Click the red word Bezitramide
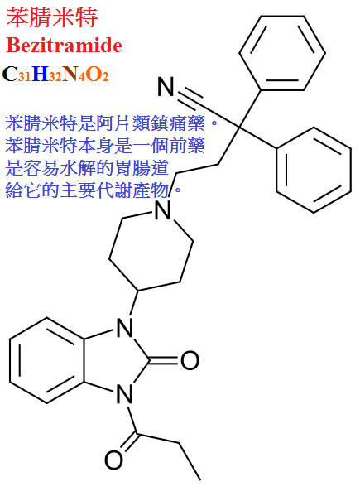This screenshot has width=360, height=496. pos(65,46)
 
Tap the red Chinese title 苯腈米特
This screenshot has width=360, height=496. pos(52,17)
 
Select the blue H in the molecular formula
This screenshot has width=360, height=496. pos(41,74)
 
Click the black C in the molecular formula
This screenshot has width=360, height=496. pos(10,74)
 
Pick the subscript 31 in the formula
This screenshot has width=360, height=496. pos(25,77)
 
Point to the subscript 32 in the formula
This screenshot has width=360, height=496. pos(55,77)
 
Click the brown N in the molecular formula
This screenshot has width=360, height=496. pos(70,74)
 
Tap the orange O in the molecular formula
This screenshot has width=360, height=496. pos(94,74)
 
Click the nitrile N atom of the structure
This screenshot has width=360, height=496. pos(166,86)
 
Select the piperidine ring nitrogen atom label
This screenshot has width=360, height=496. pos(164,210)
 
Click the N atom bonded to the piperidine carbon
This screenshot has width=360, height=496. pos(125,328)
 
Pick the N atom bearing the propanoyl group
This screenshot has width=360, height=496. pos(125,393)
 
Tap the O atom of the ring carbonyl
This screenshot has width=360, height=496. pos(190,360)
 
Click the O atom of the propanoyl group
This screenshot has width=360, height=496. pos(113,460)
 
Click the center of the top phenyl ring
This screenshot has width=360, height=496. pos(282,53)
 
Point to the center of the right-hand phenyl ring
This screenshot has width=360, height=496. pos(314,170)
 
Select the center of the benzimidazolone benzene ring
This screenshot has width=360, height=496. pos(47,360)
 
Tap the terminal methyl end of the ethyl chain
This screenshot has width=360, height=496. pos(199,479)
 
